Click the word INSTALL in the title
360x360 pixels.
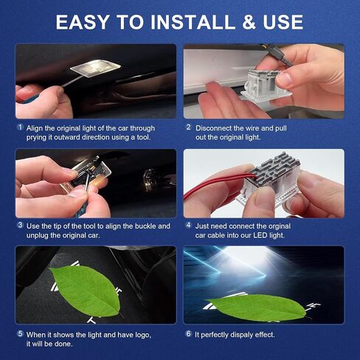tap(193, 22)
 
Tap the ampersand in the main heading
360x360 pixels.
tap(249, 22)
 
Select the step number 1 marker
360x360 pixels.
tap(20, 127)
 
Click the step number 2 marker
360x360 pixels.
tap(189, 127)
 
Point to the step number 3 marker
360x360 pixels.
tap(20, 225)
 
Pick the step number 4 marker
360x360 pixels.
tap(188, 225)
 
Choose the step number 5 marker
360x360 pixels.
tap(20, 333)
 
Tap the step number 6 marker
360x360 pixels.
tap(188, 333)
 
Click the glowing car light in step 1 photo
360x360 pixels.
tap(95, 67)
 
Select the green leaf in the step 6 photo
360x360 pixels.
tap(257, 307)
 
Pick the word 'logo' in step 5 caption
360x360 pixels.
tap(142, 335)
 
